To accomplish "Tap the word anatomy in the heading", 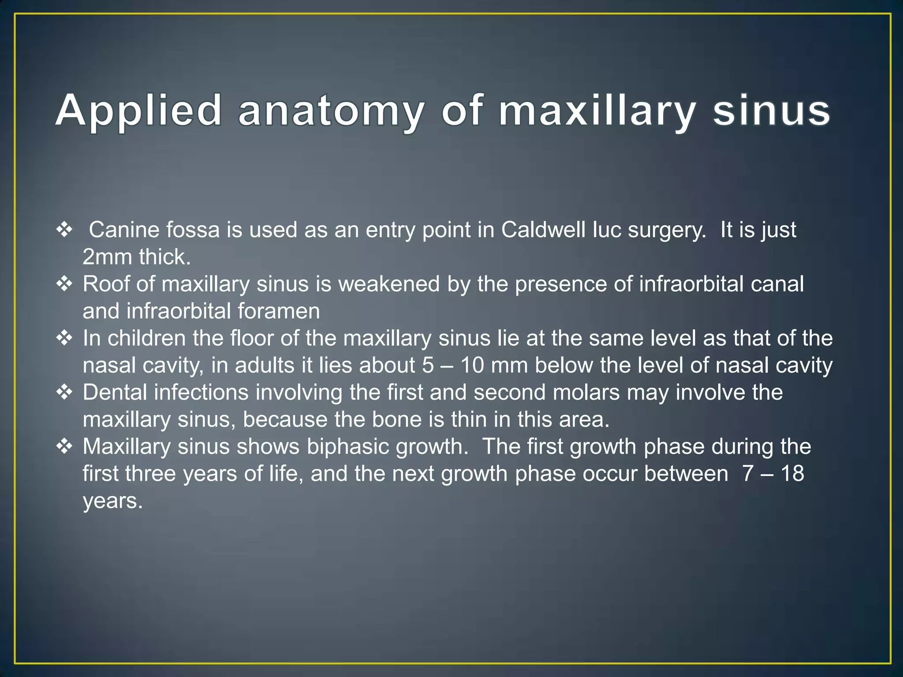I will click(331, 111).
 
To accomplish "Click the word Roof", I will click(106, 284).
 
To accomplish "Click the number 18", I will click(792, 474).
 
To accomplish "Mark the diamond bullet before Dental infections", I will click(64, 392).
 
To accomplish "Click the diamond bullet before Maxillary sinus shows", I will click(64, 446).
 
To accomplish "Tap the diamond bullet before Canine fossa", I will click(64, 230).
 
